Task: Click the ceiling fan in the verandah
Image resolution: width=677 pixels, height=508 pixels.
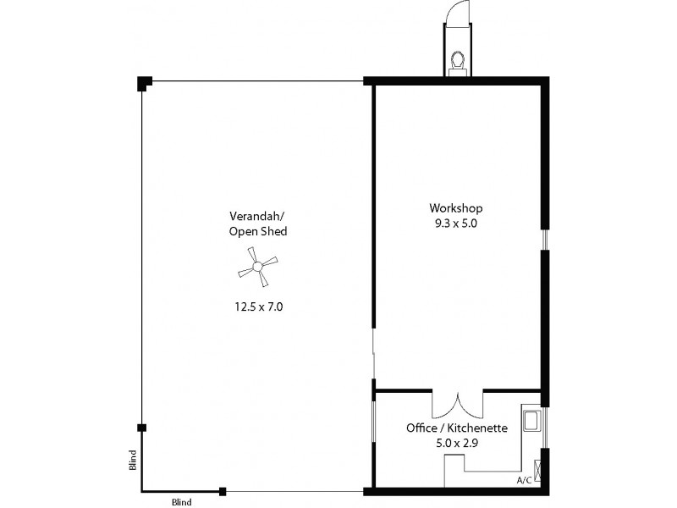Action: pos(256,268)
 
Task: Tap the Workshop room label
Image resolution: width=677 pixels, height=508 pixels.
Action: pos(456,208)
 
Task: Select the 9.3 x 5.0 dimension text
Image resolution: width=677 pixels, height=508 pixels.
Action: pos(456,224)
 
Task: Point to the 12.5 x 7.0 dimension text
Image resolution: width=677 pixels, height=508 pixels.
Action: pos(258,307)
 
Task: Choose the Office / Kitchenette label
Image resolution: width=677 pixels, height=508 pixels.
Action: pos(457,428)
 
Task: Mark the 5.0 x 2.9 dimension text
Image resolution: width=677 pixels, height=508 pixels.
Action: pos(457,443)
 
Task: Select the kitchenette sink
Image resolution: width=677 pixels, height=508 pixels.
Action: pos(533,422)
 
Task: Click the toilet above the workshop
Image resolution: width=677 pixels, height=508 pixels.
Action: pos(458,62)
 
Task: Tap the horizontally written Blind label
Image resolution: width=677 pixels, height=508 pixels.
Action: pos(181,502)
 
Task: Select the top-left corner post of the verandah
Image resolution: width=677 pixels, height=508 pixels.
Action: pos(144,83)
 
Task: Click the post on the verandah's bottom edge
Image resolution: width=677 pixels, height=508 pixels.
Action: pos(223,491)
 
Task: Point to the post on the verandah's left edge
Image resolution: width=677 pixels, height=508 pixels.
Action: pos(141,428)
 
